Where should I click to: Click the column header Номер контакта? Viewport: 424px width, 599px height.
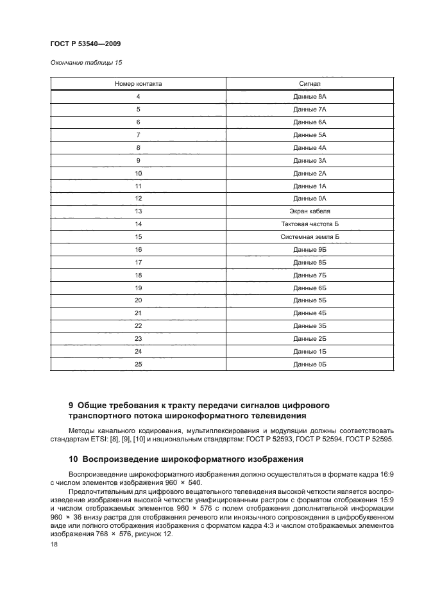(x=138, y=84)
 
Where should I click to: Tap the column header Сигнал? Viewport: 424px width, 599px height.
(x=310, y=84)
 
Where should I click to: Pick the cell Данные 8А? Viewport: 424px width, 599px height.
(x=310, y=96)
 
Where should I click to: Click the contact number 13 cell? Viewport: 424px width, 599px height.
(x=138, y=211)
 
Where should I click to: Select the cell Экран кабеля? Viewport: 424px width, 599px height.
(x=310, y=211)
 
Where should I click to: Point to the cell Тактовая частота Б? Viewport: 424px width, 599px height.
(x=310, y=224)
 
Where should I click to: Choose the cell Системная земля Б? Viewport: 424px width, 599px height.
(x=310, y=236)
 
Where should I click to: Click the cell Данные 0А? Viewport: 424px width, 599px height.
(x=310, y=198)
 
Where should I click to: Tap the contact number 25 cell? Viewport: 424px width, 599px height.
(x=138, y=364)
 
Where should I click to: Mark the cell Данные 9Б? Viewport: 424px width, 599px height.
(x=310, y=249)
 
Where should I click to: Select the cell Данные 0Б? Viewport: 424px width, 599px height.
(x=310, y=364)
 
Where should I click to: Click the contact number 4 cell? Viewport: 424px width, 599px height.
(x=138, y=96)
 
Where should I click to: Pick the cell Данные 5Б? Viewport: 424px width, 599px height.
(x=310, y=300)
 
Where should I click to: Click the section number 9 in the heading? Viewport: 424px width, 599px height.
(x=71, y=406)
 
